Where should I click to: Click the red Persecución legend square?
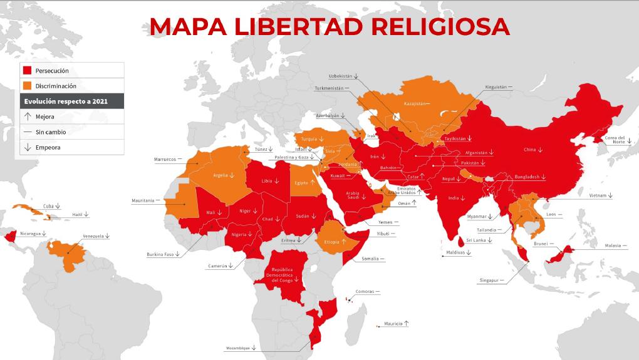point(27,71)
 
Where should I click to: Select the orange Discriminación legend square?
point(27,86)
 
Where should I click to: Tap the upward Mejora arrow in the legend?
point(27,116)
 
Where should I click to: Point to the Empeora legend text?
point(48,148)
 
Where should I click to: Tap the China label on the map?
point(529,150)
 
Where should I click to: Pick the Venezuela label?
point(94,237)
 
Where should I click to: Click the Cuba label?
point(48,205)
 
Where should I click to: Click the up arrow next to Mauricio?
point(407,323)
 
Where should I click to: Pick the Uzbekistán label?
point(340,76)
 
